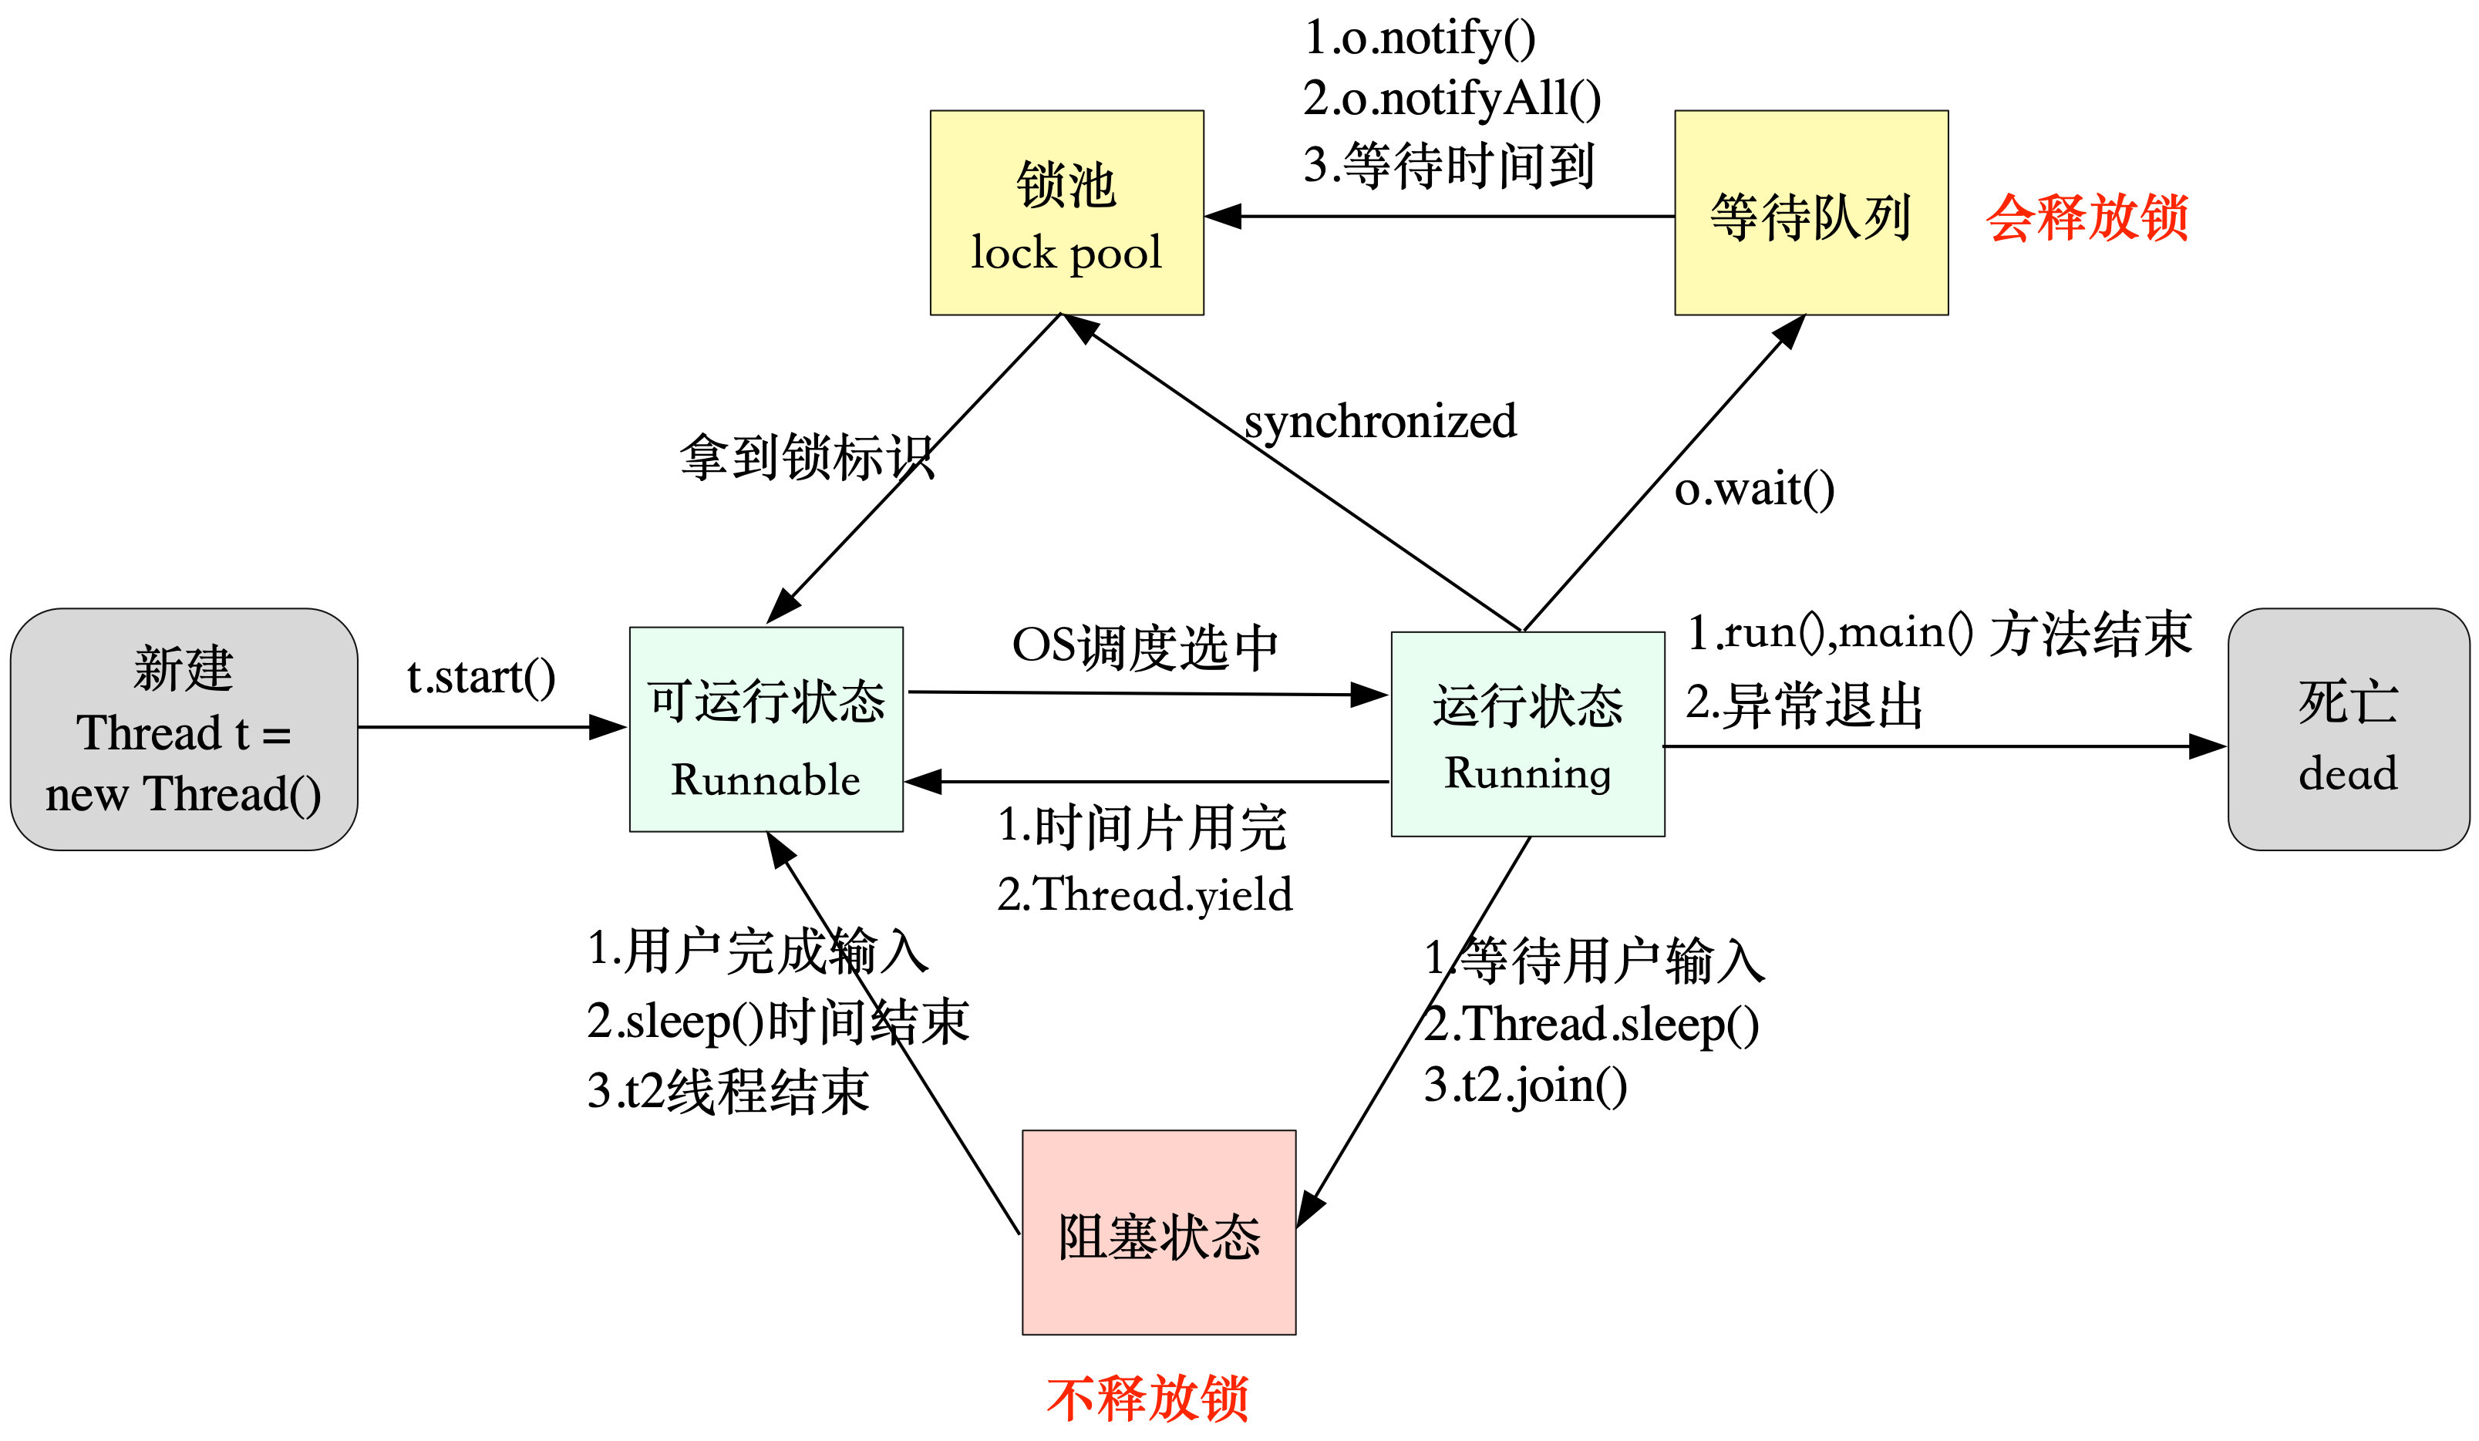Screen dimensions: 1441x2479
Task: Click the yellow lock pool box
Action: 1066,213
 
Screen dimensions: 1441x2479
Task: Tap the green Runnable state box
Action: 766,729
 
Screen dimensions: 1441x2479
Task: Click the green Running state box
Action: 1527,734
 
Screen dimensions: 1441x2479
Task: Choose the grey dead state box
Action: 2347,729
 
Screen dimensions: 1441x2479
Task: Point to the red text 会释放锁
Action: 2087,217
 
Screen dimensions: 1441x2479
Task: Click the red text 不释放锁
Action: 1147,1398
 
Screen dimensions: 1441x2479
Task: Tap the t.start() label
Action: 481,677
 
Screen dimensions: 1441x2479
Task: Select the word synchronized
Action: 1379,421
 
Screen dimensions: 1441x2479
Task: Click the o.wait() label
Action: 1754,489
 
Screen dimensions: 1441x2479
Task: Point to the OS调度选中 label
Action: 1145,647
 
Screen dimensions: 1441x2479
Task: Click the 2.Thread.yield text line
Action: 1144,894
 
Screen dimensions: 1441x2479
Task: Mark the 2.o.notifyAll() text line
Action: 1452,99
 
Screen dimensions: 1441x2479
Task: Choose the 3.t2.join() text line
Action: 1524,1085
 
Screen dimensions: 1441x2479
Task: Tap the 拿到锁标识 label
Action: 807,457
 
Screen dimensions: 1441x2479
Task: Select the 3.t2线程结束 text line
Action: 728,1091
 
